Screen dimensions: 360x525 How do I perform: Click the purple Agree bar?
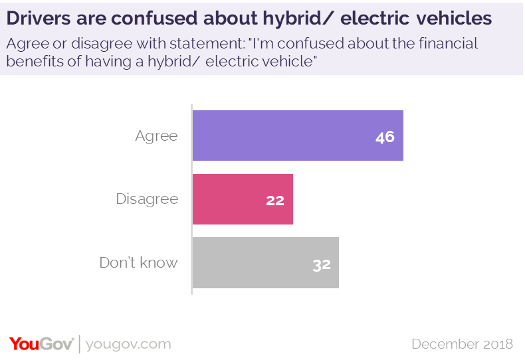(298, 135)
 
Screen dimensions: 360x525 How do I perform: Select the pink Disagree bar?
(243, 199)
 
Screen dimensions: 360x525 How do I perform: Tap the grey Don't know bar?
(266, 262)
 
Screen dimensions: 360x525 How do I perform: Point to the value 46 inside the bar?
(385, 137)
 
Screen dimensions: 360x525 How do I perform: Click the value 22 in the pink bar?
(275, 200)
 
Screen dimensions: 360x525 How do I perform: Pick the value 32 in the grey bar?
(322, 264)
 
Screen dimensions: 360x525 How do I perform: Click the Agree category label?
(156, 136)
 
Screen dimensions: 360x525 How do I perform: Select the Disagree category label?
(147, 199)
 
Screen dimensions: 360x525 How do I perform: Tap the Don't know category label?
(138, 262)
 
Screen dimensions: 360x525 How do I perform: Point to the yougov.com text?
(129, 344)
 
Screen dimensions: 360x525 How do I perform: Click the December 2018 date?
(462, 344)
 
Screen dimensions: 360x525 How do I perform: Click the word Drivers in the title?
(37, 19)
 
